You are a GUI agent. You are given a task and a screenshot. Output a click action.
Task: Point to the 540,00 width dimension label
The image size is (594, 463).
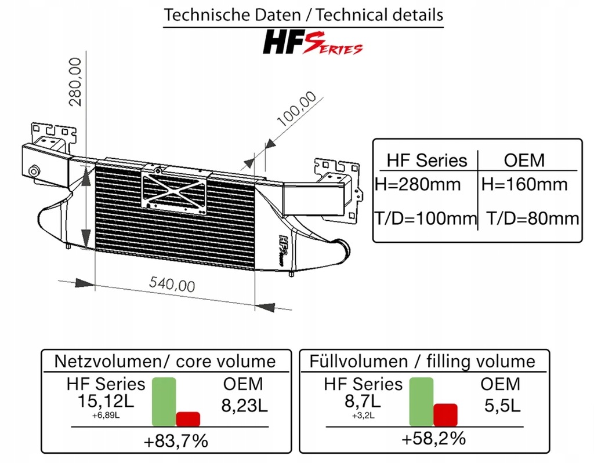[x=172, y=284]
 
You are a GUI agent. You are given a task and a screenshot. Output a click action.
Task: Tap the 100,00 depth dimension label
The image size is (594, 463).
[x=296, y=110]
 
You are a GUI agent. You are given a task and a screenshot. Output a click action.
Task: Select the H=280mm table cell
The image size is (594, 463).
[x=418, y=184]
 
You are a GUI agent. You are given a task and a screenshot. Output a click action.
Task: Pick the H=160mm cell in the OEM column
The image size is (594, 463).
[x=524, y=184]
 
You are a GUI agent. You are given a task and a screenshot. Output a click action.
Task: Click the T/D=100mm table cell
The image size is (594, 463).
[x=425, y=218]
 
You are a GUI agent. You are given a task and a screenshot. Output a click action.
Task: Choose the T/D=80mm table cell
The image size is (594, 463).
[x=532, y=218]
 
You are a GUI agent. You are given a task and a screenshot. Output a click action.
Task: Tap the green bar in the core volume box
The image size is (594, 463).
[x=164, y=402]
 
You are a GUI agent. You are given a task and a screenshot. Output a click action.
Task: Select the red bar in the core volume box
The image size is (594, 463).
[x=188, y=418]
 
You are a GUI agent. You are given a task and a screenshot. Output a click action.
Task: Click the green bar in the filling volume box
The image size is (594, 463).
[x=421, y=402]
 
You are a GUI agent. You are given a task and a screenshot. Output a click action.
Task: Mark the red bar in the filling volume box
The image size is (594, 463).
[x=445, y=414]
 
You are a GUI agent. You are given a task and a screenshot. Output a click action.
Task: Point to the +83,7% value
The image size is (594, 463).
[x=176, y=441]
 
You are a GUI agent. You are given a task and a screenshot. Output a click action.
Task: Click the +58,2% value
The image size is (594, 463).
[x=433, y=438]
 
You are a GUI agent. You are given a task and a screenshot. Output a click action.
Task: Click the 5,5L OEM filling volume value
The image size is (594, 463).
[x=501, y=404]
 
